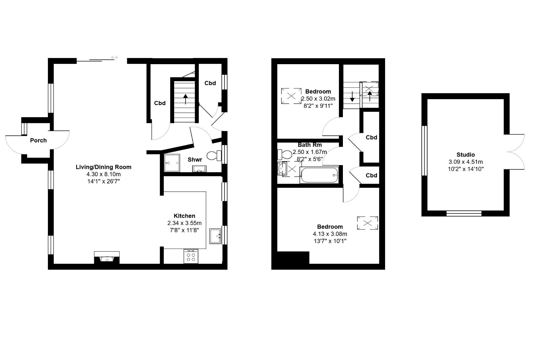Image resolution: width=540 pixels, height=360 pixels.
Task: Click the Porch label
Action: pyautogui.click(x=38, y=140)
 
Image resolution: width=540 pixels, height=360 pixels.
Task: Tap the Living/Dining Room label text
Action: pyautogui.click(x=103, y=167)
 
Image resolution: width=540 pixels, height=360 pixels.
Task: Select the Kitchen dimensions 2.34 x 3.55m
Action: pyautogui.click(x=184, y=223)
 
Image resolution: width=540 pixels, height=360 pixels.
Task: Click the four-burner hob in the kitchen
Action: pyautogui.click(x=191, y=256)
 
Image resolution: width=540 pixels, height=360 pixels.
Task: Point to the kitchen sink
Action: pyautogui.click(x=215, y=236)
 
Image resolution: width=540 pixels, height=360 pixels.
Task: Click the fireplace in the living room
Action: pyautogui.click(x=107, y=257)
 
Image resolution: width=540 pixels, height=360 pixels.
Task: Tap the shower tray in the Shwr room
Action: pyautogui.click(x=172, y=163)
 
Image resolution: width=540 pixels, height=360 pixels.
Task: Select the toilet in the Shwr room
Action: pyautogui.click(x=214, y=156)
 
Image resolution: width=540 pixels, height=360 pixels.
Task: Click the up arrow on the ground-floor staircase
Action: pyautogui.click(x=185, y=99)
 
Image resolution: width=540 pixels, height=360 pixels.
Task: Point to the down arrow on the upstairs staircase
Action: pyautogui.click(x=352, y=97)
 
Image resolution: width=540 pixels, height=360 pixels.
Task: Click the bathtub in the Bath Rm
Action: pyautogui.click(x=319, y=175)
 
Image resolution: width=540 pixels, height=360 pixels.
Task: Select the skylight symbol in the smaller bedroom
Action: pyautogui.click(x=291, y=96)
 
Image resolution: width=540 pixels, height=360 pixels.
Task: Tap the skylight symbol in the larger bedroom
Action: pyautogui.click(x=368, y=223)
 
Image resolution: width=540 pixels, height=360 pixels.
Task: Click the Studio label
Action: pyautogui.click(x=465, y=155)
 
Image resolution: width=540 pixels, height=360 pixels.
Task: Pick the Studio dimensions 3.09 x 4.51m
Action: pyautogui.click(x=465, y=162)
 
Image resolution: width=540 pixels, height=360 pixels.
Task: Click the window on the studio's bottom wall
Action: pyautogui.click(x=464, y=213)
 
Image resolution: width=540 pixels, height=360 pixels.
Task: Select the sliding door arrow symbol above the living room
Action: pyautogui.click(x=114, y=57)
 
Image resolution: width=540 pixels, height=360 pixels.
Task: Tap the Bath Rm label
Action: pyautogui.click(x=310, y=145)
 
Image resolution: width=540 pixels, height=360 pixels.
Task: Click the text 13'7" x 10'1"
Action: pyautogui.click(x=330, y=241)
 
